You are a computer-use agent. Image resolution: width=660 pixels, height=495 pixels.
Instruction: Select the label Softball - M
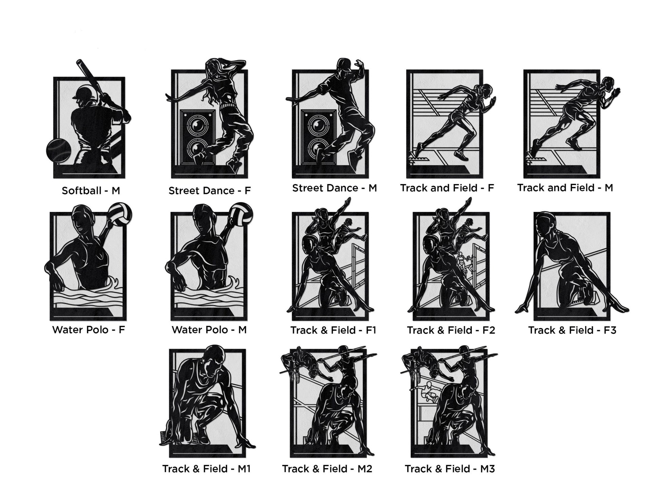(91, 191)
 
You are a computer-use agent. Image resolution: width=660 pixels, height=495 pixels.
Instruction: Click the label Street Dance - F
(210, 191)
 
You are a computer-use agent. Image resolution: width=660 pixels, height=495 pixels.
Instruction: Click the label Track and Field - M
(565, 188)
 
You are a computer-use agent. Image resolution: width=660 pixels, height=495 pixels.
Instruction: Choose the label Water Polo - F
(89, 330)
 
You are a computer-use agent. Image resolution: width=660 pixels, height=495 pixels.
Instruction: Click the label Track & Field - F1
(333, 330)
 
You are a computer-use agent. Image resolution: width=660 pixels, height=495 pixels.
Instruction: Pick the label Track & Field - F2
(451, 330)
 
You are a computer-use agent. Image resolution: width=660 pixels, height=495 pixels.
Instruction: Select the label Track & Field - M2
(327, 469)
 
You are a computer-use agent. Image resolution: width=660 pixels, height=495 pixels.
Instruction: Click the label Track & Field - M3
(450, 469)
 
